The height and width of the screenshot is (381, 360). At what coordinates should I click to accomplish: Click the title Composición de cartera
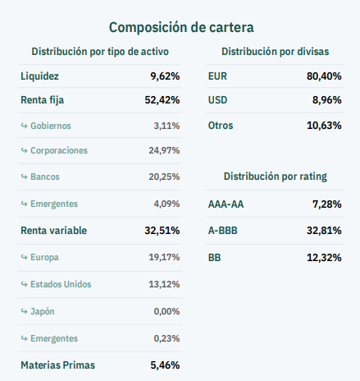(x=181, y=27)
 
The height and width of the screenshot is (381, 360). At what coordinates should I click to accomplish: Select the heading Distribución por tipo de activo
(x=100, y=52)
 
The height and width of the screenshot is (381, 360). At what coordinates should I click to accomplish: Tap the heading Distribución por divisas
(x=275, y=52)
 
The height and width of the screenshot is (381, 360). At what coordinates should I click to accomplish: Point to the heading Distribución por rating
(x=276, y=177)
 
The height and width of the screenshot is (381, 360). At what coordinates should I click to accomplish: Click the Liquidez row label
(x=39, y=76)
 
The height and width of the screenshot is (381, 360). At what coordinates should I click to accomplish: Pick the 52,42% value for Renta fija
(x=162, y=100)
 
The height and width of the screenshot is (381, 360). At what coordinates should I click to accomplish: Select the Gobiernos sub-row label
(x=51, y=126)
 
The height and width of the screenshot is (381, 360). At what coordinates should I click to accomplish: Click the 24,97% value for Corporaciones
(x=164, y=150)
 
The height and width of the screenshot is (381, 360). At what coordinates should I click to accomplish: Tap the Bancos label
(x=45, y=177)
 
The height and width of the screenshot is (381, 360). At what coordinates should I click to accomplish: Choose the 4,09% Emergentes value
(x=166, y=204)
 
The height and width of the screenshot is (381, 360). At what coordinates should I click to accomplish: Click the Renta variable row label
(x=54, y=231)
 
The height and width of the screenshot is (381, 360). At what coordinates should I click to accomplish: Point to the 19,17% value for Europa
(x=164, y=257)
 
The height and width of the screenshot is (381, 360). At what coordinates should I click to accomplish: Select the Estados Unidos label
(x=61, y=284)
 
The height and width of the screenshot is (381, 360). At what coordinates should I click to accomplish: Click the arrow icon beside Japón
(x=25, y=311)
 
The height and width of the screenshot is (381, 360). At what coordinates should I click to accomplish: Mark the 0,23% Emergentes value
(x=166, y=338)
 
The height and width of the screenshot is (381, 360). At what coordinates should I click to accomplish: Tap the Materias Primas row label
(x=58, y=365)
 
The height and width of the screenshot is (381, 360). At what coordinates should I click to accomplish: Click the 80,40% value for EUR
(x=324, y=76)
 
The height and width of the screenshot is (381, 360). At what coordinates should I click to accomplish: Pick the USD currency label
(x=217, y=100)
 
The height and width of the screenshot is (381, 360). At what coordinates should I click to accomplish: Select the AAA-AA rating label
(x=226, y=204)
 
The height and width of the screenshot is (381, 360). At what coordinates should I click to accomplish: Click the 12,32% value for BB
(x=324, y=258)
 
